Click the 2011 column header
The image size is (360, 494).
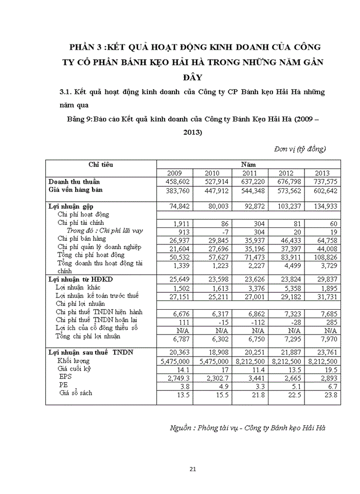[x=249, y=173]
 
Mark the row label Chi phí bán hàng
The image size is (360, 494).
[x=81, y=239]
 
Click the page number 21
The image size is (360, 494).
[x=193, y=469]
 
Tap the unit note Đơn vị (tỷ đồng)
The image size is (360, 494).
[x=300, y=149]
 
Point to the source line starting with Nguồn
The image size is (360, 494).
[x=247, y=428]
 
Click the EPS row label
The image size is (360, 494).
[x=65, y=377]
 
